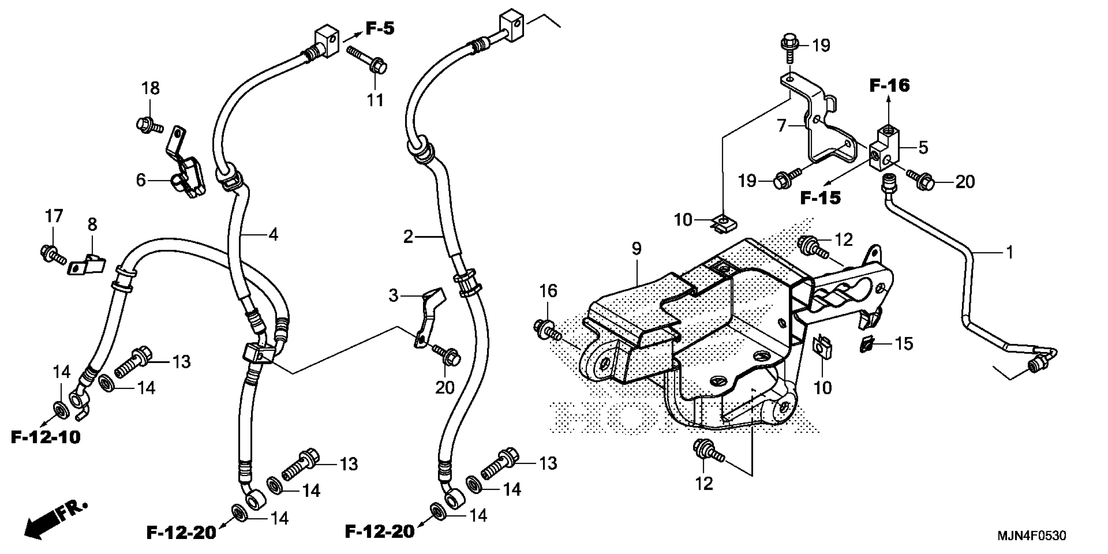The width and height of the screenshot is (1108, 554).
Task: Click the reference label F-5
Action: point(380,28)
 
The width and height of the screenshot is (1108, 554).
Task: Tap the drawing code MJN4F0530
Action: point(1031,536)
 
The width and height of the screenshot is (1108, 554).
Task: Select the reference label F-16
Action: point(890,86)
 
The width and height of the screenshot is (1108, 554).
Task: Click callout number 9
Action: point(636,248)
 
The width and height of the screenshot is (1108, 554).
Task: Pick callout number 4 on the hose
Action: point(273,235)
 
